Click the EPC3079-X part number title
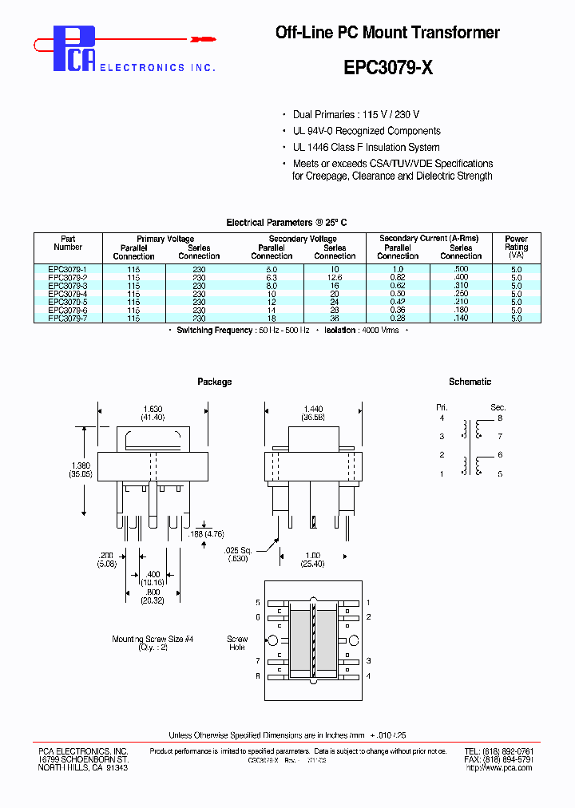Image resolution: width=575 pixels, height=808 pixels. point(388,68)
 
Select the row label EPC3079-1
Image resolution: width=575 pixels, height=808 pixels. point(67,270)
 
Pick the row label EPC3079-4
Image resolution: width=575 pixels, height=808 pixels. point(67,294)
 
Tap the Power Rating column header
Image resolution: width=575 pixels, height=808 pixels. point(516,247)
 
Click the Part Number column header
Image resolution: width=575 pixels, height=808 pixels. point(68,243)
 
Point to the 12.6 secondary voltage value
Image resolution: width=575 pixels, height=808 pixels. point(334,278)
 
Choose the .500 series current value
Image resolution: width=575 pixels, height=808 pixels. point(461,270)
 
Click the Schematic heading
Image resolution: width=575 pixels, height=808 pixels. point(470,382)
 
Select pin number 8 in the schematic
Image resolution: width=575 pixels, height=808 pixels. point(500,418)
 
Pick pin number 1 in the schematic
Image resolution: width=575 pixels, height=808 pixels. point(441,474)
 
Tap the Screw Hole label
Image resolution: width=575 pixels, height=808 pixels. point(237,644)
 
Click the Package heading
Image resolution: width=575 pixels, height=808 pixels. point(214,382)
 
